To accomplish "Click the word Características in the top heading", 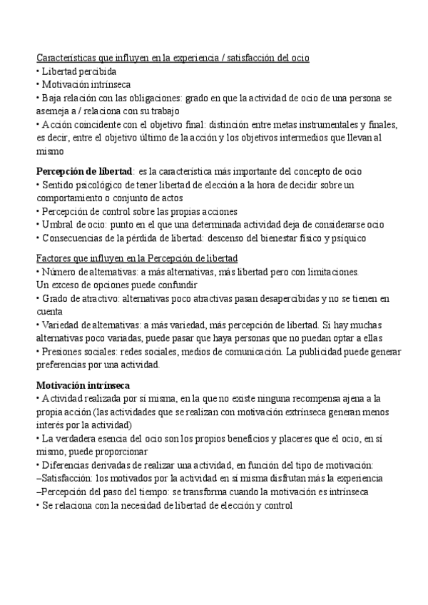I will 65,57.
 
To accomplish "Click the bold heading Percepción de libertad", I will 84,171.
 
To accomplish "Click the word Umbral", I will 58,225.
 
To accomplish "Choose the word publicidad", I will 341,352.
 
